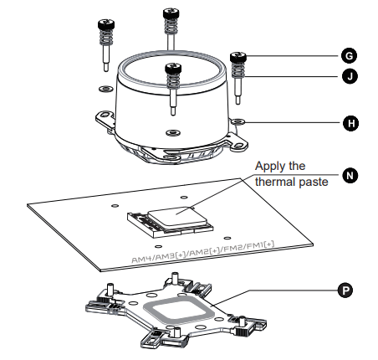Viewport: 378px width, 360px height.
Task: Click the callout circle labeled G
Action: (349, 56)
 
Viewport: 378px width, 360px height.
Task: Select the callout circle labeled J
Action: (350, 76)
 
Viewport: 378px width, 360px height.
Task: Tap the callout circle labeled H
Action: (350, 123)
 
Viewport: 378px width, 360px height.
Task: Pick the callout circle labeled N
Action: (350, 176)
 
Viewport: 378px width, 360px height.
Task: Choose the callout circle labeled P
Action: (345, 291)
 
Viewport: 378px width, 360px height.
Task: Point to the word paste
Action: (314, 183)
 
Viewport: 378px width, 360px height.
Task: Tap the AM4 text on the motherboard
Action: (142, 259)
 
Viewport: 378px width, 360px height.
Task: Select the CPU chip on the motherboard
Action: (177, 218)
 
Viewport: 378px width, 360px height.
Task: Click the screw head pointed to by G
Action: (238, 57)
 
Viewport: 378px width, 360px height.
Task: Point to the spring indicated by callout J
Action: (238, 69)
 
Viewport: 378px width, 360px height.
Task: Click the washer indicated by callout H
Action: (238, 121)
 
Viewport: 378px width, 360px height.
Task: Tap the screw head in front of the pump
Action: (173, 69)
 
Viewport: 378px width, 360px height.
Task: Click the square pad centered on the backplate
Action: (179, 311)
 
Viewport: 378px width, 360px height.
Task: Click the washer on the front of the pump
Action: (173, 132)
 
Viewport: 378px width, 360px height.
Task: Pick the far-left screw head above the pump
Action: (106, 24)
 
